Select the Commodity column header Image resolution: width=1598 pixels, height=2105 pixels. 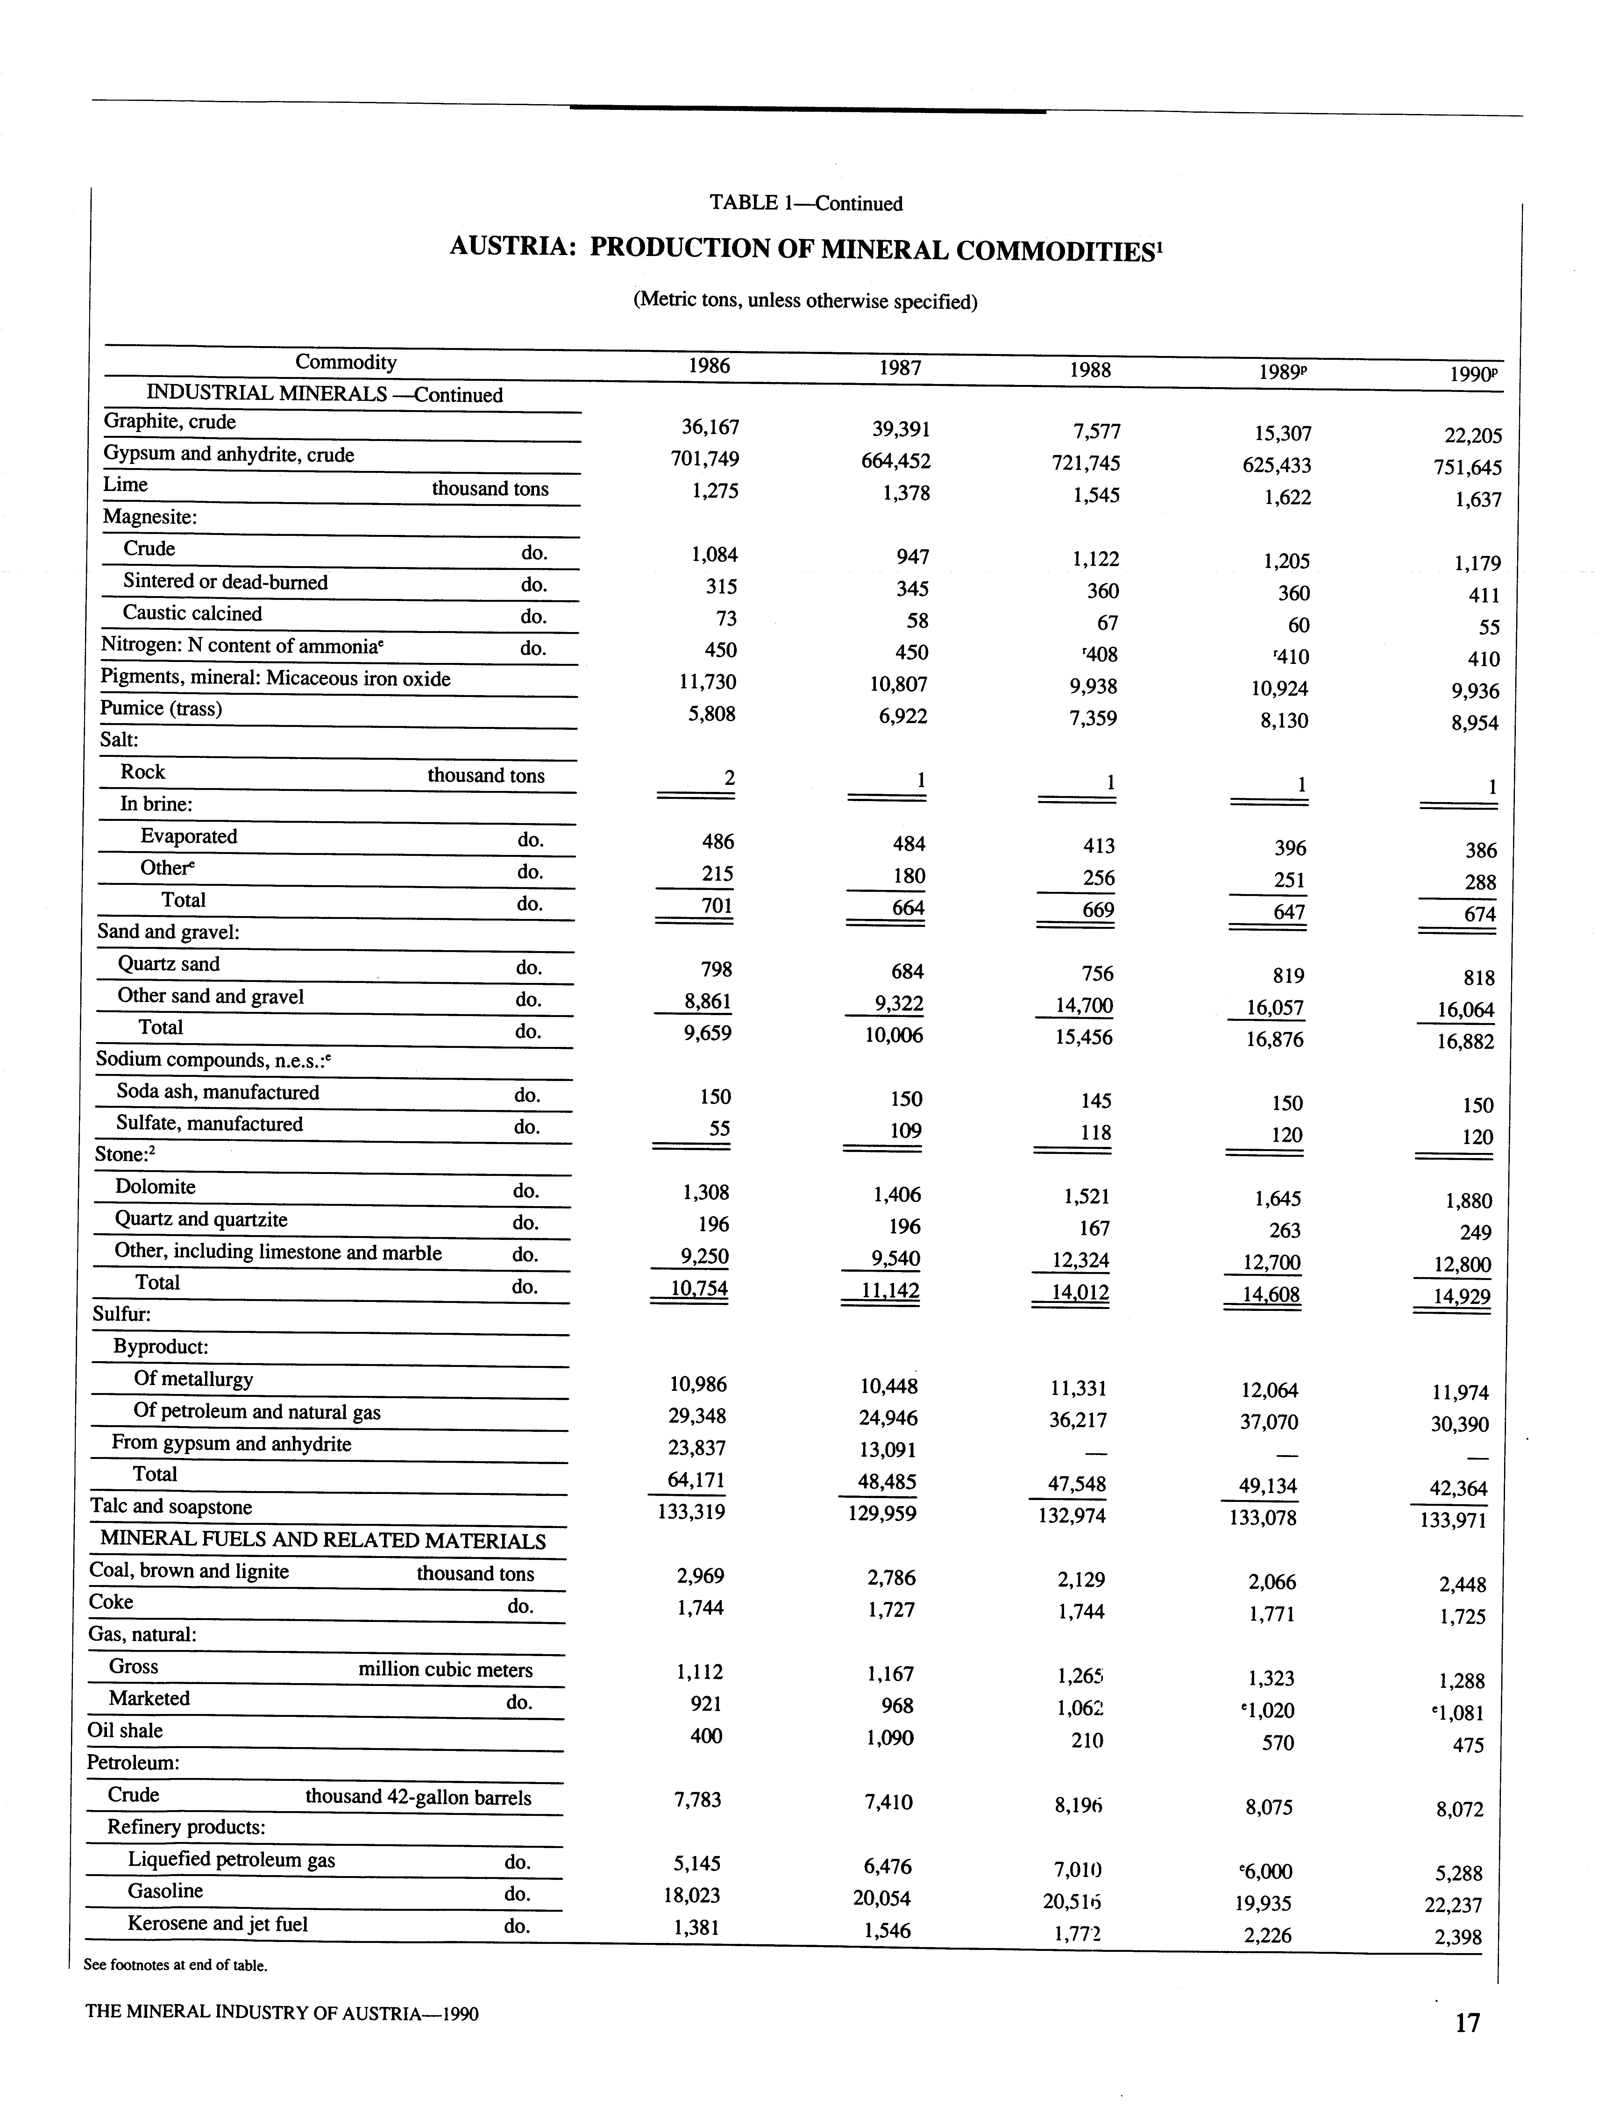coord(345,363)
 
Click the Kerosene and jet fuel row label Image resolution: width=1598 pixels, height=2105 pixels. coord(218,1924)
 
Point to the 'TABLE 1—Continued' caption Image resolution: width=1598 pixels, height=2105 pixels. coord(805,203)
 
